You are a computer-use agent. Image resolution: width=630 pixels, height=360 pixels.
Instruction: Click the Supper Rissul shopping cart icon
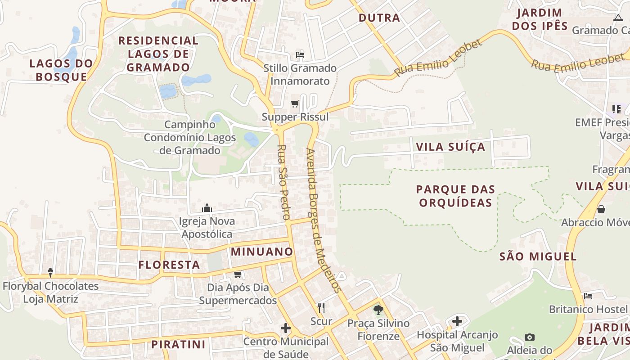pos(295,104)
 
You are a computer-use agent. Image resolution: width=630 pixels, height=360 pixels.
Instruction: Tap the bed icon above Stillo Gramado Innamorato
pos(300,55)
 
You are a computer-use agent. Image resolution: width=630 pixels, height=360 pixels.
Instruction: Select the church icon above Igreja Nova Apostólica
pos(207,208)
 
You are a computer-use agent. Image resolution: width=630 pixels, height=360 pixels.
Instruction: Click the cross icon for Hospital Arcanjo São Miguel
pos(457,321)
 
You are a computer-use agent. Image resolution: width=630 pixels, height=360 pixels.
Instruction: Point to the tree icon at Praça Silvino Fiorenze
pos(378,310)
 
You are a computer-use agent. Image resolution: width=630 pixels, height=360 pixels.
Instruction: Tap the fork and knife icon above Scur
pos(321,308)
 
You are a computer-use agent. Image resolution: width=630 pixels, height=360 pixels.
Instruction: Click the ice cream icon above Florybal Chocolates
pos(50,272)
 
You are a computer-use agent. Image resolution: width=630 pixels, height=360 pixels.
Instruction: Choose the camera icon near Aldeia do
pos(530,337)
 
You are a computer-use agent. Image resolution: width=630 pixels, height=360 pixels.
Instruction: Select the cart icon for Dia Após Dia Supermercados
pos(238,274)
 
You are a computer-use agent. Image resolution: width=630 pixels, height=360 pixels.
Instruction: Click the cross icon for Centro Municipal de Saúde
pos(286,328)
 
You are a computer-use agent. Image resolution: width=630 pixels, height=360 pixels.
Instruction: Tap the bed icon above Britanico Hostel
pos(588,296)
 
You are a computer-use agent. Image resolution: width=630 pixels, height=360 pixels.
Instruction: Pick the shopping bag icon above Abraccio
pos(601,209)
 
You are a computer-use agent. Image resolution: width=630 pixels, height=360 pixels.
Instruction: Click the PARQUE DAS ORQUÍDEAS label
pos(455,196)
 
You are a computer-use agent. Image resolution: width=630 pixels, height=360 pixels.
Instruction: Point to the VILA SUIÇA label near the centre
pos(450,147)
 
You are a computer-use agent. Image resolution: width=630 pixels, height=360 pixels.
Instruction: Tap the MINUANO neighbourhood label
pos(262,252)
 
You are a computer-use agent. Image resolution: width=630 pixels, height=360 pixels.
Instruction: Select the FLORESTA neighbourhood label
pos(169,265)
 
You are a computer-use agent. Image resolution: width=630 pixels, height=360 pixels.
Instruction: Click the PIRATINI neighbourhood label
pos(178,345)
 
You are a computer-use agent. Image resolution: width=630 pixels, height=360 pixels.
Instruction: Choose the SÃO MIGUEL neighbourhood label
pos(538,256)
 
